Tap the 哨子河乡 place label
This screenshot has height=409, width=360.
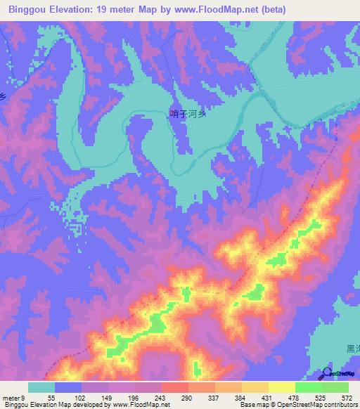(188, 113)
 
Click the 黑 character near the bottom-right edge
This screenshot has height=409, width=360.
(351, 349)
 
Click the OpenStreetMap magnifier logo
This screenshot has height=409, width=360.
(327, 372)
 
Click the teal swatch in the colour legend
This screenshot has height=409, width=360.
(41, 388)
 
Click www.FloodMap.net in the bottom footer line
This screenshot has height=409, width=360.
(142, 404)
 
